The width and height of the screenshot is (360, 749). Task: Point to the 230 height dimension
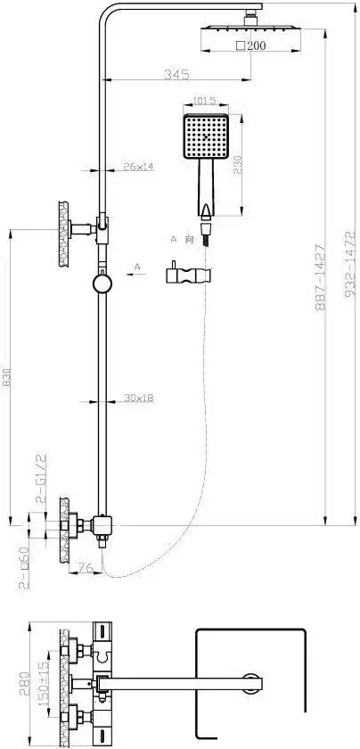tap(238, 165)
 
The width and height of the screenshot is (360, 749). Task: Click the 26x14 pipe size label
tap(139, 166)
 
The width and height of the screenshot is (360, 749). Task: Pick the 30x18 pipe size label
tap(139, 398)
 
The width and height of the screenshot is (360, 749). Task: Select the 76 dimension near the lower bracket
tap(86, 566)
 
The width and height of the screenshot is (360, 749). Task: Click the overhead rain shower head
tap(231, 29)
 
